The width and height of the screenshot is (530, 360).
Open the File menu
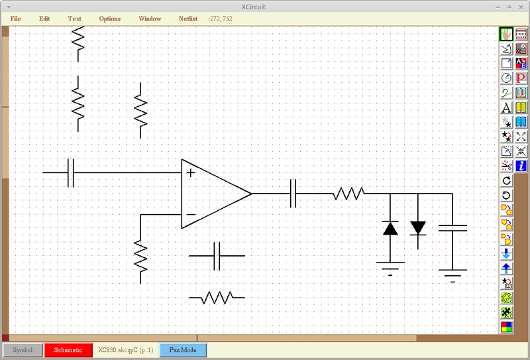pos(15,19)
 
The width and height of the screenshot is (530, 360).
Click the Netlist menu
pos(188,19)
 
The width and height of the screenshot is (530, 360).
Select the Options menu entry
pos(110,19)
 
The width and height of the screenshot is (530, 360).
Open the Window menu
pos(150,19)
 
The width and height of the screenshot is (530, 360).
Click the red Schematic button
pos(68,349)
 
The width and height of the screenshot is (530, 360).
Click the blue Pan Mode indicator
pos(183,349)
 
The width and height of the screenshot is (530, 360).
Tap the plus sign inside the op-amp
pos(191,173)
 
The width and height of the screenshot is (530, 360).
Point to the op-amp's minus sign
pos(191,215)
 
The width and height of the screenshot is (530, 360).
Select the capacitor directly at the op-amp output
pos(293,194)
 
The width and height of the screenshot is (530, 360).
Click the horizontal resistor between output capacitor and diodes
pos(348,194)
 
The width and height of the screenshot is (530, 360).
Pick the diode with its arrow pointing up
pos(390,229)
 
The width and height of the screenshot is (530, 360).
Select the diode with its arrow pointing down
pos(418,227)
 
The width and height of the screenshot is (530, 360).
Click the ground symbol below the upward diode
pos(390,267)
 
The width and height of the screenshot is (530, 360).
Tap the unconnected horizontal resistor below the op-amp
pos(217,298)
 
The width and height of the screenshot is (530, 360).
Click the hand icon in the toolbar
pos(506,34)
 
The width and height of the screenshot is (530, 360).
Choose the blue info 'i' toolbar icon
pos(521,166)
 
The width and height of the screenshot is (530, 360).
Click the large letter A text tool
pos(506,107)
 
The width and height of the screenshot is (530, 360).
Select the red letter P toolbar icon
pos(521,78)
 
